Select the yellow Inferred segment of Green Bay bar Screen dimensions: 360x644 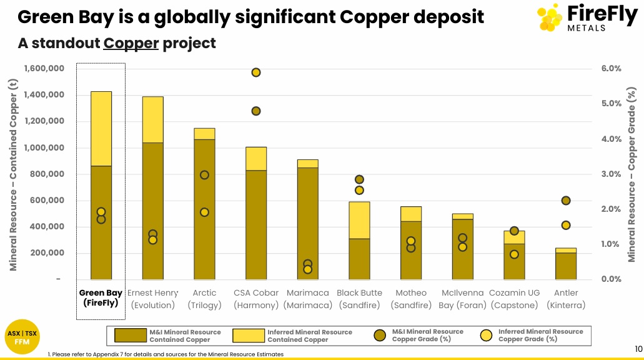click(101, 128)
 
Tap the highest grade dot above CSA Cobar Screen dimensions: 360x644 click(255, 72)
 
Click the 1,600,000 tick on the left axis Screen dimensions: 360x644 click(44, 68)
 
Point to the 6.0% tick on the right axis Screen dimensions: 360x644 click(611, 68)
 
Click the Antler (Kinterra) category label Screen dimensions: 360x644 click(566, 299)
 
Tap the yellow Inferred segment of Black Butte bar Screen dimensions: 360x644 click(359, 220)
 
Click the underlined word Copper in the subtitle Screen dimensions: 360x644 click(131, 43)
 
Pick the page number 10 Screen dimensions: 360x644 click(638, 349)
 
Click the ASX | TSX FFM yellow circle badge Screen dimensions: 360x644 click(22, 337)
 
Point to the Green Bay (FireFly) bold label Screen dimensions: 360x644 click(101, 298)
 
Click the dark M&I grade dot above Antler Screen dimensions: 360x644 click(566, 201)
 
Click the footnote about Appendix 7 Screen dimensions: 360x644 click(166, 354)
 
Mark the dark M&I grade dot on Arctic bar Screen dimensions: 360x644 click(204, 175)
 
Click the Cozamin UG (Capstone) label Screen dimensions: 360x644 click(514, 299)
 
